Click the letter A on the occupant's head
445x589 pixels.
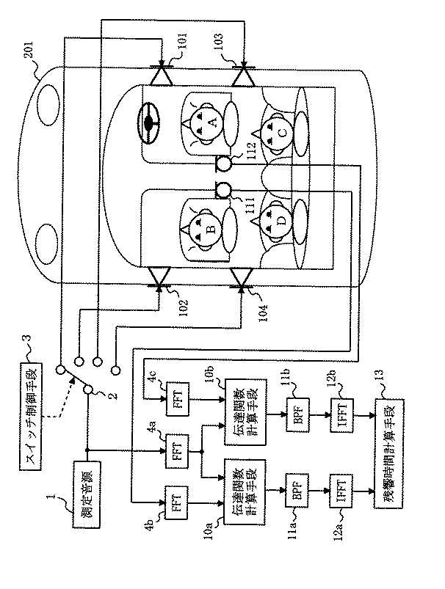(x=214, y=125)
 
